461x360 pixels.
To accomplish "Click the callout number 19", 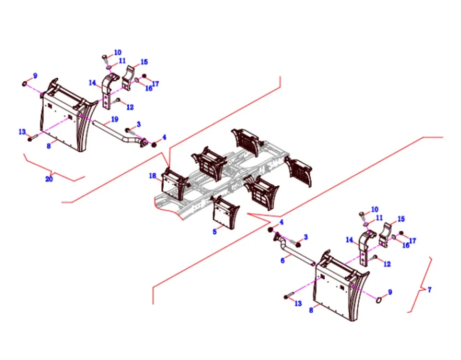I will click(114, 119).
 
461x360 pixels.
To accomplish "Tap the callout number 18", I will click(153, 176).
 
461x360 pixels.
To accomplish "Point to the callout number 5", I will click(215, 231).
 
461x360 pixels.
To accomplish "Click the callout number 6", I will click(283, 260).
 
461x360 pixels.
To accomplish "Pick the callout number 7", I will click(429, 290).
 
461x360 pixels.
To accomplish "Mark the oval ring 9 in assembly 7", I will click(379, 300).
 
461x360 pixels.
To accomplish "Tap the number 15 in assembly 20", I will click(144, 62).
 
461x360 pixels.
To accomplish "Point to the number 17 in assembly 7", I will click(412, 241).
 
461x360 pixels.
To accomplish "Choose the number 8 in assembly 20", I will click(49, 146).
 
